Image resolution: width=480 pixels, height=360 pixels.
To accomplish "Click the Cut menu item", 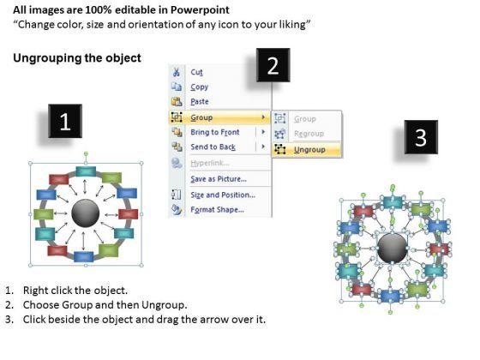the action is (x=196, y=72).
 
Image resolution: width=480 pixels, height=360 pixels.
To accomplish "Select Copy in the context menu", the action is (x=199, y=87).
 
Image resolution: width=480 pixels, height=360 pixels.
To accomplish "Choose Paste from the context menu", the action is (x=200, y=101).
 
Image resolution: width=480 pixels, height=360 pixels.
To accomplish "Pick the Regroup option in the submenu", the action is (x=309, y=134).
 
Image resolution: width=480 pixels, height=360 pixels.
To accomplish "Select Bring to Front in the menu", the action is (x=215, y=132).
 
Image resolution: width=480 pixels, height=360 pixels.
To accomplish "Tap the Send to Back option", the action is (x=213, y=147).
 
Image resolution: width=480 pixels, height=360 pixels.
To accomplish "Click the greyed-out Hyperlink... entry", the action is (x=210, y=163).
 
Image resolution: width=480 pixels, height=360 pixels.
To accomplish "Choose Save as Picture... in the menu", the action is (x=219, y=179).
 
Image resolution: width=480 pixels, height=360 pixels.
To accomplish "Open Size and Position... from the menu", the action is (x=223, y=195).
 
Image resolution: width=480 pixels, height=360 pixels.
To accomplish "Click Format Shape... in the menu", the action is (x=218, y=210).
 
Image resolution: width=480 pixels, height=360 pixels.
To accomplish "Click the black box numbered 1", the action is (x=65, y=121).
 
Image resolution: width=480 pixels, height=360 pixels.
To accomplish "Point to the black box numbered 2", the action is (x=273, y=65).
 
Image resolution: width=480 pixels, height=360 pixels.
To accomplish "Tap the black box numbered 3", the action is (x=421, y=137).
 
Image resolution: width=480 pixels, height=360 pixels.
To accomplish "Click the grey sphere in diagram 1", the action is (x=86, y=213).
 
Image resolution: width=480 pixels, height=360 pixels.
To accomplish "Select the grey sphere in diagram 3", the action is (x=393, y=249).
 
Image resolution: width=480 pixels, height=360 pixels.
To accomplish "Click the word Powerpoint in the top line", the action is (x=200, y=9).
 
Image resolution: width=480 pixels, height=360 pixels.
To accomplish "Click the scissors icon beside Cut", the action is (x=177, y=72).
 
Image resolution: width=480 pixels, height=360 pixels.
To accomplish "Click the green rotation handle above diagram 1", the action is (x=86, y=153).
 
